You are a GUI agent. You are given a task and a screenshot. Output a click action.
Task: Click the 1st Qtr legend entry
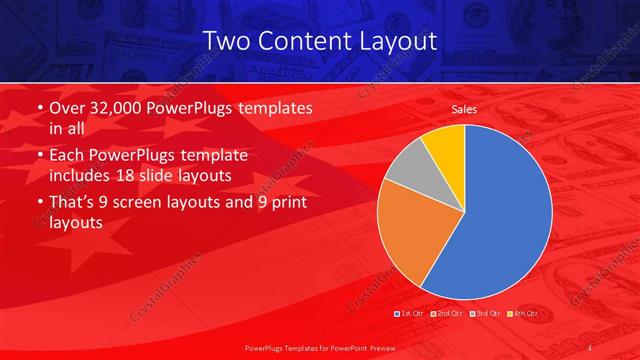click(411, 314)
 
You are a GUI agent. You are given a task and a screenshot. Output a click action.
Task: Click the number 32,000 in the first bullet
click(118, 107)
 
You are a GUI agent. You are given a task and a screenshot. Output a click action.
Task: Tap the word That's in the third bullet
click(74, 204)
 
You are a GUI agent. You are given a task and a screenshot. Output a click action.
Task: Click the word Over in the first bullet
click(67, 107)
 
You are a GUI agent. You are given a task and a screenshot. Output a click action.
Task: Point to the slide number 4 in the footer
click(591, 347)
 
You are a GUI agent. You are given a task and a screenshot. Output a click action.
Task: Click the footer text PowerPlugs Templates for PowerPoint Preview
click(320, 347)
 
